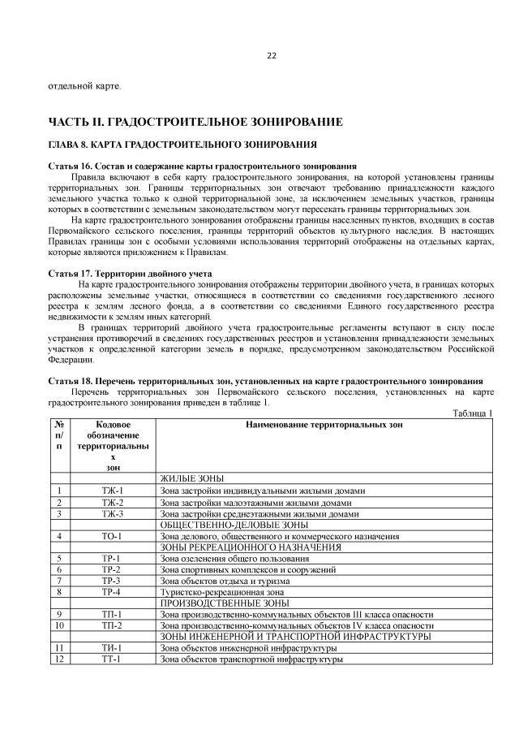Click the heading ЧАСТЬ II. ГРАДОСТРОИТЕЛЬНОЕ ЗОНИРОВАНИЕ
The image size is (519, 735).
click(x=195, y=122)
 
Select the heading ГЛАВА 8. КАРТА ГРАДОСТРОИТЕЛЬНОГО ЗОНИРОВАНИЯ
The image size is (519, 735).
click(x=182, y=145)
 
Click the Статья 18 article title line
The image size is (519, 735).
click(x=266, y=381)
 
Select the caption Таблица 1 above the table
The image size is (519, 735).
click(x=473, y=413)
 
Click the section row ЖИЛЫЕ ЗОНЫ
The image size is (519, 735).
click(x=191, y=479)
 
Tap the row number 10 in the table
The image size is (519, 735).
click(x=58, y=625)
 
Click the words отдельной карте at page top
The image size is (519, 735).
click(x=85, y=85)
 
